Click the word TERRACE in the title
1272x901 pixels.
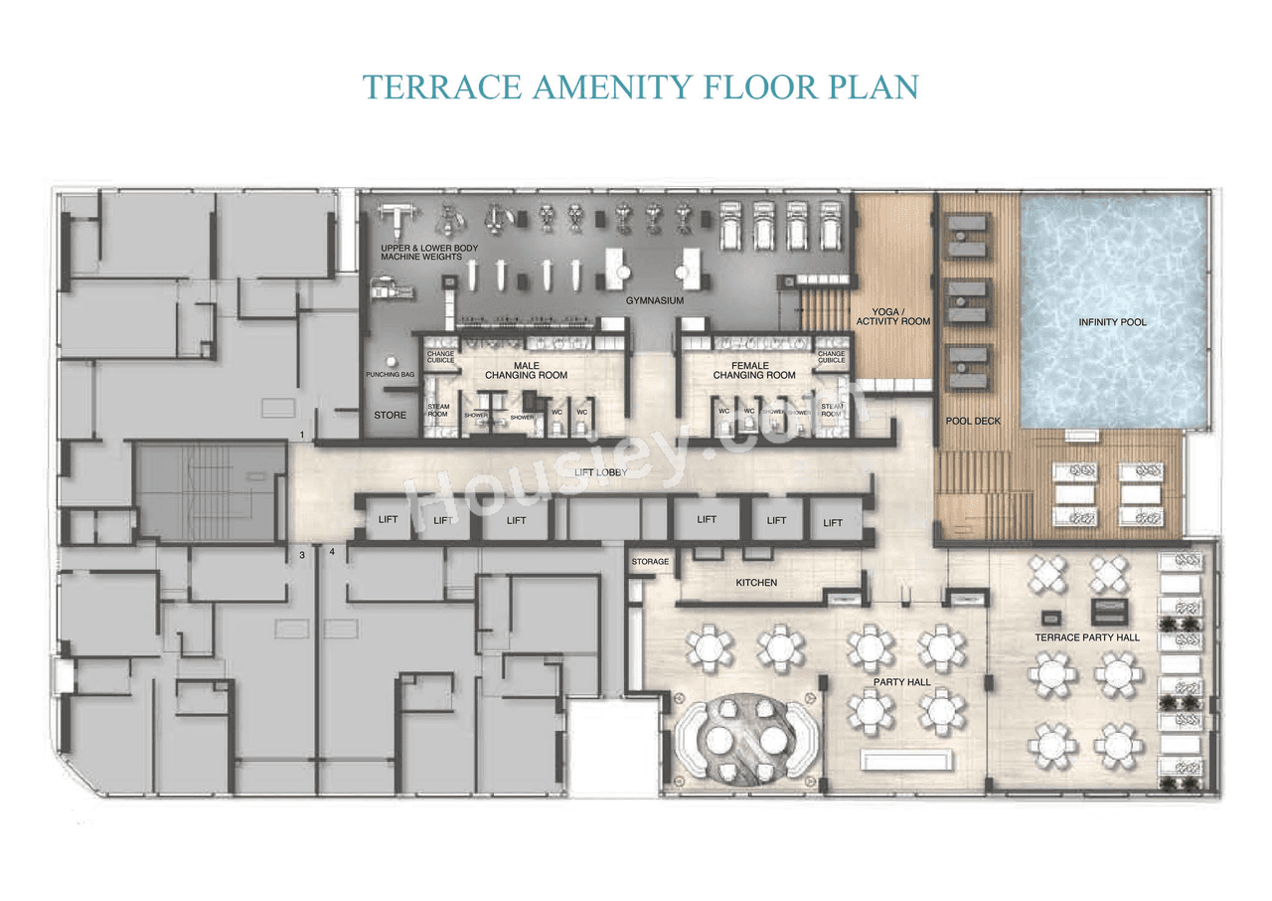[x=441, y=87]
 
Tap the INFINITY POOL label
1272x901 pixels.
[x=1112, y=322]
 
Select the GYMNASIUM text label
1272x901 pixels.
[x=654, y=300]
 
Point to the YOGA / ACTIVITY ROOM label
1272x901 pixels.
[x=893, y=316]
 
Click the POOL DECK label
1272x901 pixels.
[x=973, y=421]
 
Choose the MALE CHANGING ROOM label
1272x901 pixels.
[x=526, y=370]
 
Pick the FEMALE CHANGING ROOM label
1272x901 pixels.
[x=753, y=370]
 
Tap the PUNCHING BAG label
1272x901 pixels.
[x=391, y=375]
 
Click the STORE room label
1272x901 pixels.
[x=390, y=414]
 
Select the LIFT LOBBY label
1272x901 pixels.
[x=599, y=471]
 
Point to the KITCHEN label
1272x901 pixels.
[x=756, y=582]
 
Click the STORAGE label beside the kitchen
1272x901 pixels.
[x=651, y=562]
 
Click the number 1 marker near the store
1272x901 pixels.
[x=301, y=436]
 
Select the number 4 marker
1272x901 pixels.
[x=332, y=551]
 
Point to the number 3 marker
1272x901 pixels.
[x=301, y=555]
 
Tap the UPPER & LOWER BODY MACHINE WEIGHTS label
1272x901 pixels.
[x=421, y=252]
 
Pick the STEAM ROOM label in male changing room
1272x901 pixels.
[x=438, y=410]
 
